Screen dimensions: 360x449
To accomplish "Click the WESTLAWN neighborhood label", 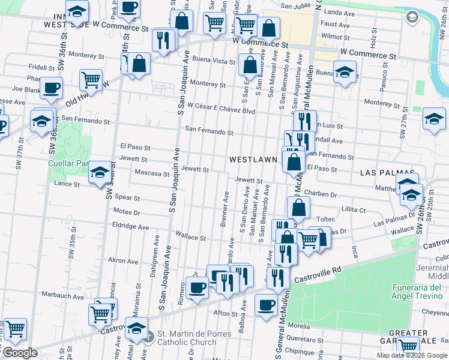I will [x=253, y=160].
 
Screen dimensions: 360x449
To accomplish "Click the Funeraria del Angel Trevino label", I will [x=421, y=292].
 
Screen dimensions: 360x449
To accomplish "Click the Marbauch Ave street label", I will [x=62, y=296].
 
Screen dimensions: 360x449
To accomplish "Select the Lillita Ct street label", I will [x=353, y=210].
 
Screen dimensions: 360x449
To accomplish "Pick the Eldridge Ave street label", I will [x=130, y=227].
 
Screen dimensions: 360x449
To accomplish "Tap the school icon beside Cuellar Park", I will [x=99, y=173].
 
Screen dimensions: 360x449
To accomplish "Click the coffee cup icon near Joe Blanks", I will [x=52, y=87].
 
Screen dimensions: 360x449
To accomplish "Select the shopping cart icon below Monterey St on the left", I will [x=90, y=79].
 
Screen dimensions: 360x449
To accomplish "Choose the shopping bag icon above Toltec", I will [x=298, y=208].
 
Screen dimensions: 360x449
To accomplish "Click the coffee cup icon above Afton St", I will [x=265, y=304].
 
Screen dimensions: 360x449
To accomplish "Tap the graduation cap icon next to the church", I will [x=137, y=329].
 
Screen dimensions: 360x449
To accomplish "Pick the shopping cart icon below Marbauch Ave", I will [x=100, y=313].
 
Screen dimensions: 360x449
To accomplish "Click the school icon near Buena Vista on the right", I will [x=345, y=74].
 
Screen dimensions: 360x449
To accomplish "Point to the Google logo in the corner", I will [x=20, y=353].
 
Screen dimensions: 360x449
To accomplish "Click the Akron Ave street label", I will [x=123, y=261].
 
